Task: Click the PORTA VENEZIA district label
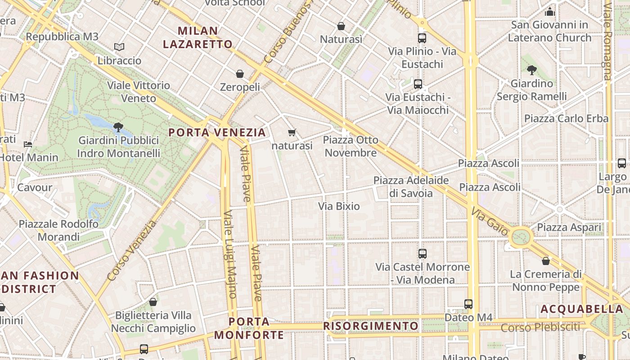pyautogui.click(x=217, y=132)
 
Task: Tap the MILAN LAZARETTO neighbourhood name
pyautogui.click(x=198, y=37)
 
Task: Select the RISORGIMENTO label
pyautogui.click(x=371, y=325)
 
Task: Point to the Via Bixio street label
pyautogui.click(x=339, y=206)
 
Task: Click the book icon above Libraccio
pyautogui.click(x=119, y=47)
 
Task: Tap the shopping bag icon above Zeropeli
pyautogui.click(x=240, y=74)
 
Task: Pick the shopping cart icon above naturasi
pyautogui.click(x=292, y=133)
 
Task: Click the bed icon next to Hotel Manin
pyautogui.click(x=28, y=144)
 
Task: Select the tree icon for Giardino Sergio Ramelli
pyautogui.click(x=531, y=70)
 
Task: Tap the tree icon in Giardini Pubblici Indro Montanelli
pyautogui.click(x=118, y=127)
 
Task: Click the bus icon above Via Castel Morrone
pyautogui.click(x=422, y=254)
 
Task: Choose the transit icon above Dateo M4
pyautogui.click(x=468, y=304)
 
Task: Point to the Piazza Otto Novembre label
pyautogui.click(x=351, y=146)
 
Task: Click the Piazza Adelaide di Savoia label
pyautogui.click(x=411, y=187)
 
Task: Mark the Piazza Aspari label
pyautogui.click(x=569, y=227)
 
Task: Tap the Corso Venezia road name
pyautogui.click(x=133, y=251)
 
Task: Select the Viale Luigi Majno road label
pyautogui.click(x=229, y=254)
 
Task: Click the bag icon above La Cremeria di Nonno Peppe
pyautogui.click(x=546, y=261)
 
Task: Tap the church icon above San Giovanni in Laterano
pyautogui.click(x=549, y=12)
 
